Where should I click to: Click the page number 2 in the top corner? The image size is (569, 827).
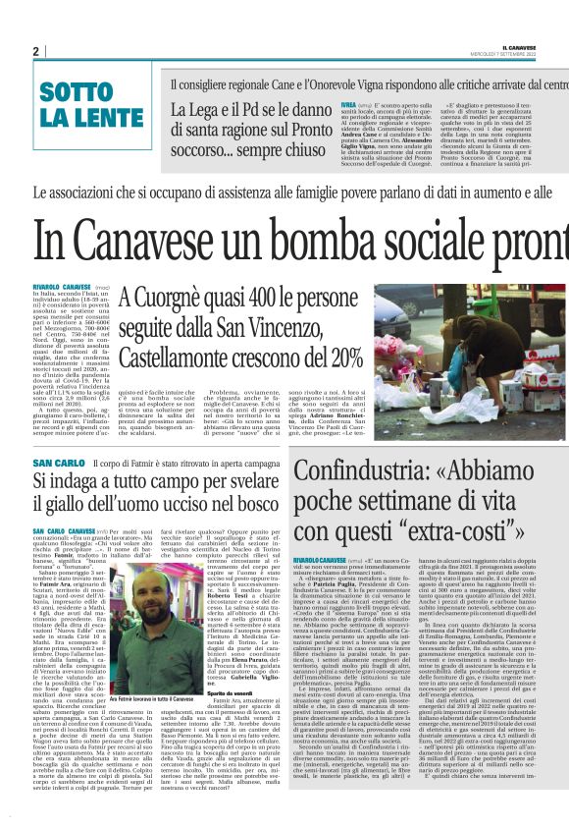[x=35, y=51]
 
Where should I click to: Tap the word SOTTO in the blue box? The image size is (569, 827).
[x=76, y=93]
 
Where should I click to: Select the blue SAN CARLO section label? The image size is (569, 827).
[x=59, y=462]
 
